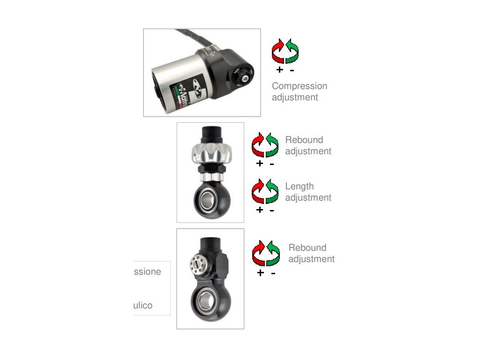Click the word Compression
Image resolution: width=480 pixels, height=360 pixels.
pos(299,86)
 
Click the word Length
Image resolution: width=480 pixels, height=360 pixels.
pos(299,187)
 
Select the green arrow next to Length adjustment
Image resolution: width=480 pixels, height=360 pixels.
pos(272,191)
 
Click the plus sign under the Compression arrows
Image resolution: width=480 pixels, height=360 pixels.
pos(279,70)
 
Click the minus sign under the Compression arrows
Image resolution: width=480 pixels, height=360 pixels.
pos(292,70)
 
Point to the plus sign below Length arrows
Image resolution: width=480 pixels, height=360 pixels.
pos(260,210)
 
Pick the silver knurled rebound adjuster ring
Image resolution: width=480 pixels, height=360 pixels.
pos(210,153)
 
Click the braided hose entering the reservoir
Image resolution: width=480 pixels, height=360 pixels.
pos(187,38)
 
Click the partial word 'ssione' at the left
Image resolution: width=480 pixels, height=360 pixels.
pos(147,272)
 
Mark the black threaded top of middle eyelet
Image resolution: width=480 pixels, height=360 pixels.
pos(210,133)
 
